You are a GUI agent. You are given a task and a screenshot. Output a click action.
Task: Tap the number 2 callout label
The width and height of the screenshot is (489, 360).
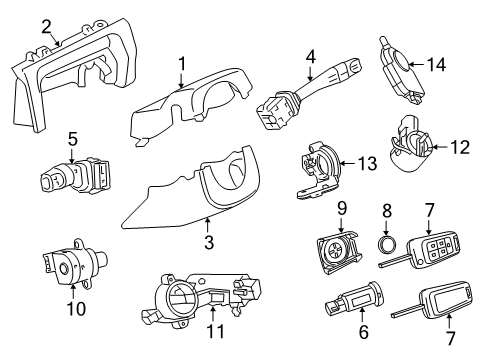[x=46, y=25]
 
